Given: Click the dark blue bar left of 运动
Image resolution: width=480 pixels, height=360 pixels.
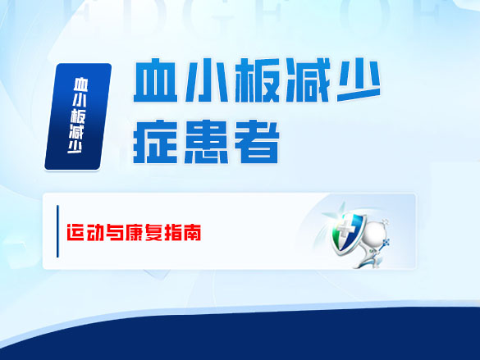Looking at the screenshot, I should (57, 233).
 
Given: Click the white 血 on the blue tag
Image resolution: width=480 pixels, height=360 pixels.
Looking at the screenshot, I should (79, 84).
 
